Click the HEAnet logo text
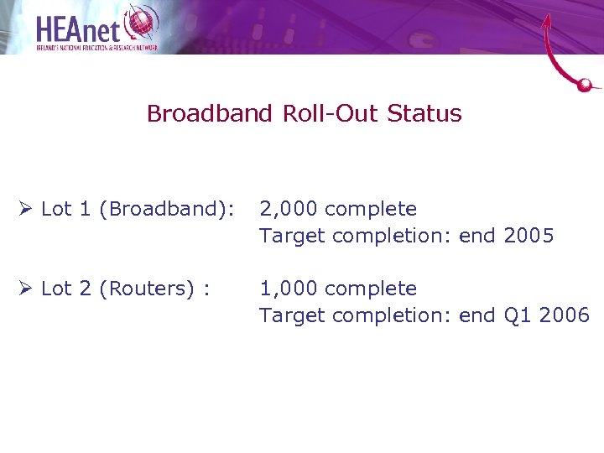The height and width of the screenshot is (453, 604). [80, 29]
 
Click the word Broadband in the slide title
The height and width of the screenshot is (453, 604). [210, 114]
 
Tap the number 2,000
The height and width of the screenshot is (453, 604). [289, 209]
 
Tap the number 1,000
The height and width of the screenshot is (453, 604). [289, 289]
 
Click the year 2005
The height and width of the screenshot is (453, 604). [528, 236]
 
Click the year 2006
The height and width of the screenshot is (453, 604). [565, 315]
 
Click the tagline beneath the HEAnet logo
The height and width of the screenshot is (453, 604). [96, 48]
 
